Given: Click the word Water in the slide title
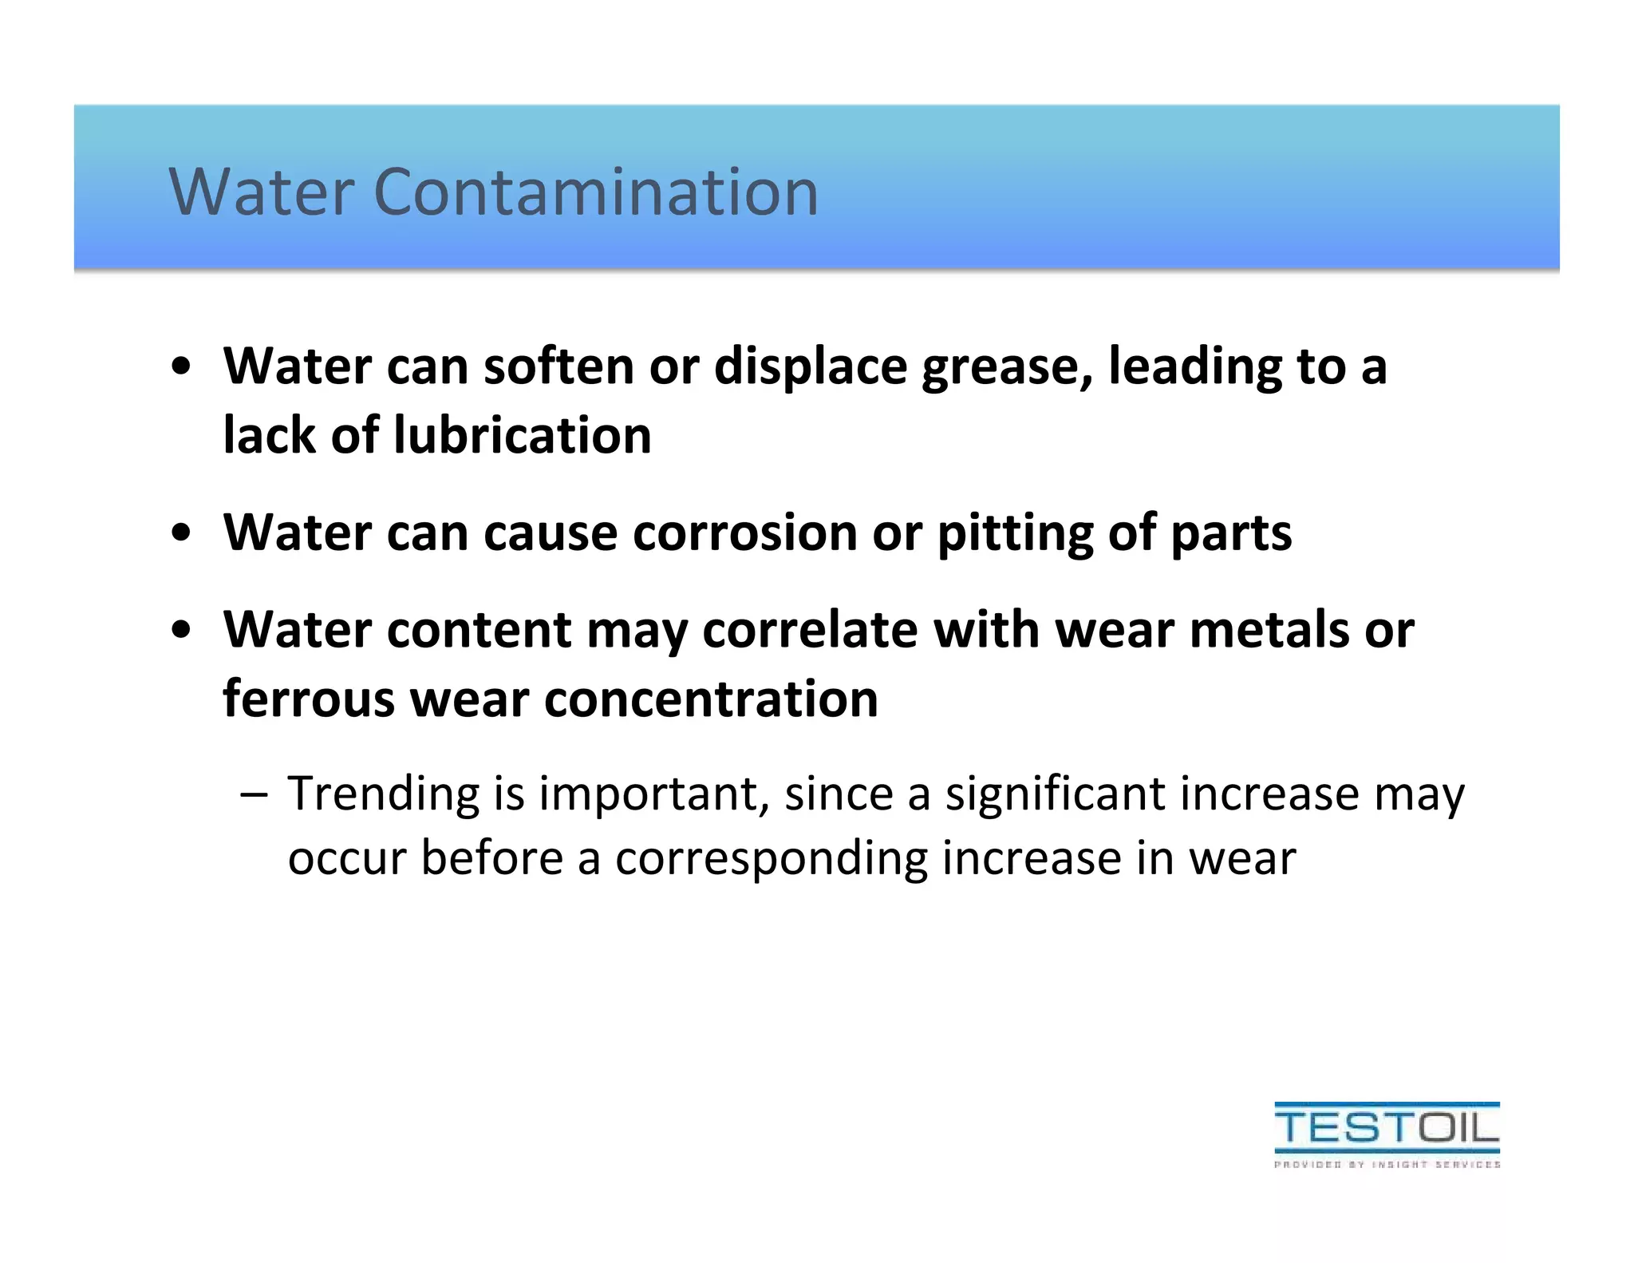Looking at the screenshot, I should click(x=261, y=192).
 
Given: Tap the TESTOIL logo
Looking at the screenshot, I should click(x=1387, y=1127).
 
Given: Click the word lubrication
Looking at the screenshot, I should click(x=523, y=436).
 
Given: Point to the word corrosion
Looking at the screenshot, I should click(x=744, y=533).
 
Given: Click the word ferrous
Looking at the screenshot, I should click(x=308, y=699).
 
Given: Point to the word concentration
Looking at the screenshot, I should click(x=711, y=699).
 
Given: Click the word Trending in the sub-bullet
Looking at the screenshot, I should click(x=383, y=795).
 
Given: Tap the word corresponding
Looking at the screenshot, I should click(x=771, y=860).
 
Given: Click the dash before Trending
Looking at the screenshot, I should click(x=254, y=794).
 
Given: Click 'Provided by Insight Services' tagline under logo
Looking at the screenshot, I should click(x=1387, y=1165).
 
